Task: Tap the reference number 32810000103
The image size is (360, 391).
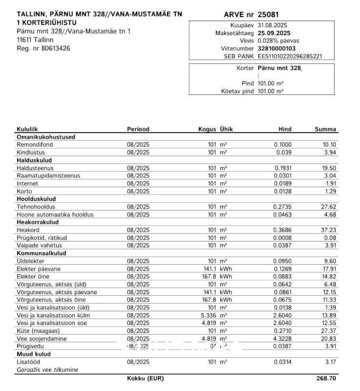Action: click(276, 49)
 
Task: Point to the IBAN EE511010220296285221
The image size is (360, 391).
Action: click(290, 57)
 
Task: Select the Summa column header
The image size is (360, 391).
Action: click(325, 129)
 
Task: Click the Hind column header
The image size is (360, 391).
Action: click(285, 129)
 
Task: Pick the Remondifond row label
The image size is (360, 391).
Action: click(35, 145)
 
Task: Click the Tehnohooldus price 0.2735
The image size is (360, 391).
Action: click(282, 207)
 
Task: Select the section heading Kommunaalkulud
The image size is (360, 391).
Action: click(42, 253)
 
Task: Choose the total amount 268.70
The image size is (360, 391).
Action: click(327, 379)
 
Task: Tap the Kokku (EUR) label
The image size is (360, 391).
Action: click(145, 379)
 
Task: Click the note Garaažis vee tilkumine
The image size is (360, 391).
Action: click(47, 370)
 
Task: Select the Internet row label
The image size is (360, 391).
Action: click(27, 183)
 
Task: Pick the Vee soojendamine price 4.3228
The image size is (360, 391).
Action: click(282, 339)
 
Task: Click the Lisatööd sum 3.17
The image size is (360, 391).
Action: click(331, 362)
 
